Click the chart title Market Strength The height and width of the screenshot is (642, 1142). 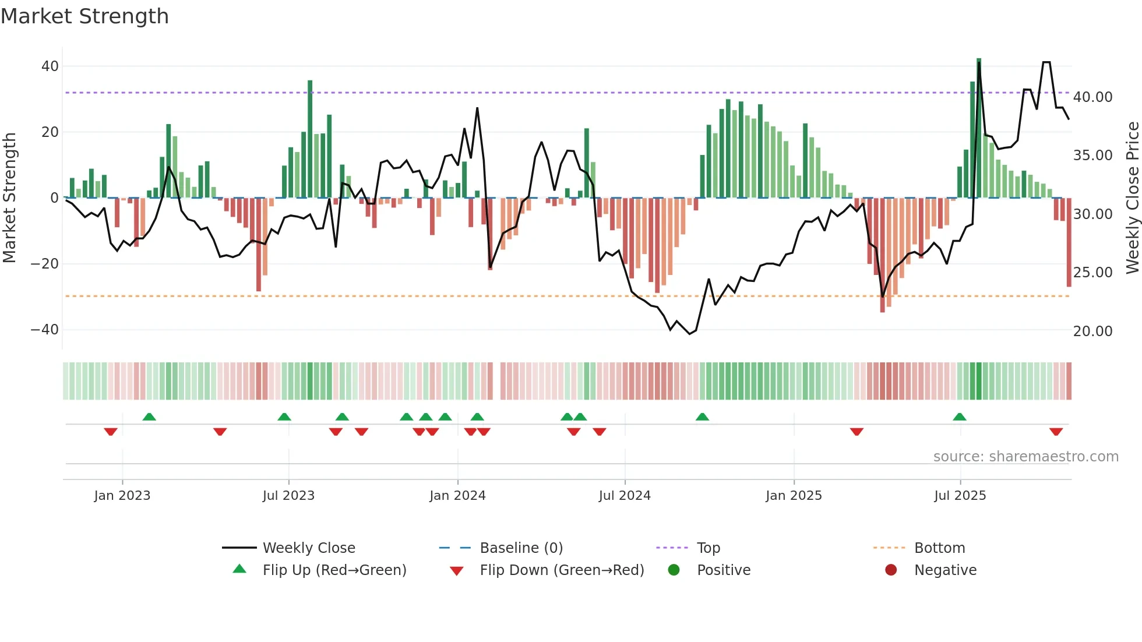[x=84, y=16]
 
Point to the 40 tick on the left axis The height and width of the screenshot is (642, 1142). [x=50, y=66]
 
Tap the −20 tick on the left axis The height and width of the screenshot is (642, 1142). [x=45, y=264]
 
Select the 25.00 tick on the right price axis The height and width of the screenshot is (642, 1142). [x=1092, y=273]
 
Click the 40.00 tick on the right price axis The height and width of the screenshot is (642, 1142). [x=1092, y=97]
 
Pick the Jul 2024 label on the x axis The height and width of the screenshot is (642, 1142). [x=624, y=496]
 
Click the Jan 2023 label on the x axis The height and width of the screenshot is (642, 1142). [x=122, y=496]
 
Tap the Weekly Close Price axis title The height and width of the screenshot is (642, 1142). [x=1132, y=198]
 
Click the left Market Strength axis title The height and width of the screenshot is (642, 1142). [x=9, y=198]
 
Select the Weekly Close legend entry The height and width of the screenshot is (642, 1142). [x=308, y=548]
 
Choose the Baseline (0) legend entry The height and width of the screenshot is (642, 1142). [x=521, y=548]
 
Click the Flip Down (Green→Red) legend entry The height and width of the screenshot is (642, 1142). [x=561, y=570]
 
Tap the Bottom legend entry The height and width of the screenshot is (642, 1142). [x=939, y=548]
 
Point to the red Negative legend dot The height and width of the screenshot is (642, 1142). [x=890, y=570]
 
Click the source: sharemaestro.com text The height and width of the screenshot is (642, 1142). [x=1025, y=457]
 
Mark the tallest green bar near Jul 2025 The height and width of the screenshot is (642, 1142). [x=979, y=128]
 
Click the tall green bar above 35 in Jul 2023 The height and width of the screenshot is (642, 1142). [x=310, y=140]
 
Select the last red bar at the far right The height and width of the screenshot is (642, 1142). [x=1069, y=242]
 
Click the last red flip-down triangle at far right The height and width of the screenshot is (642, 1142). [x=1056, y=432]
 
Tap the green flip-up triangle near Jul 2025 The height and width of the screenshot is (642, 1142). [x=959, y=417]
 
